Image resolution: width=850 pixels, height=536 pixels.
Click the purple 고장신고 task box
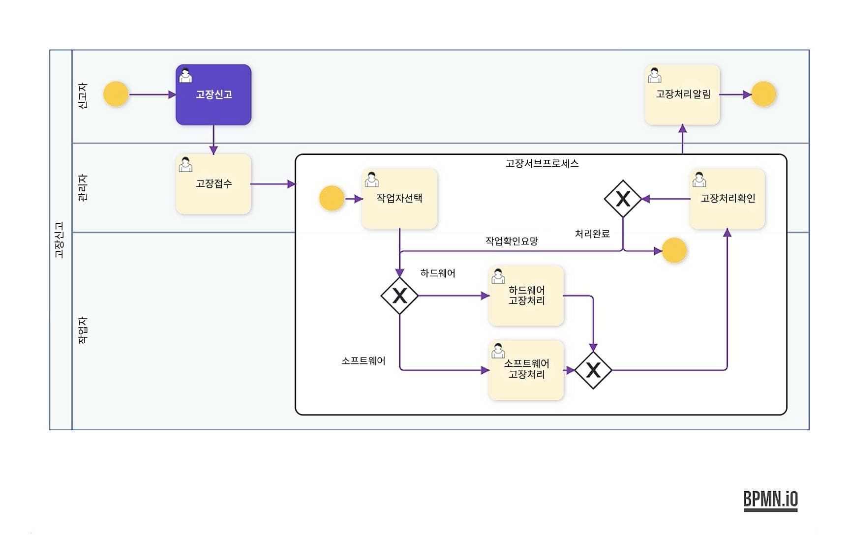[x=213, y=94]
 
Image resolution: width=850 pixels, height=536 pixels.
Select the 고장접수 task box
[x=213, y=184]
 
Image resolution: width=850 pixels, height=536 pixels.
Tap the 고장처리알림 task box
[x=682, y=94]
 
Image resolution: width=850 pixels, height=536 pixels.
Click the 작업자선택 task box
[x=399, y=199]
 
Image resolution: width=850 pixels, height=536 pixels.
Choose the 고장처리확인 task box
[x=727, y=199]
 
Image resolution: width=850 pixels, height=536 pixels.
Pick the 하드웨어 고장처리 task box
[x=526, y=296]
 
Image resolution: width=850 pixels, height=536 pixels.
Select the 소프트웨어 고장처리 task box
[x=526, y=370]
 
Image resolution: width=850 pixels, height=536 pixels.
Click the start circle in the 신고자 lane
[x=116, y=94]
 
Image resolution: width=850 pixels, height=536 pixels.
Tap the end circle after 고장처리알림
[x=763, y=94]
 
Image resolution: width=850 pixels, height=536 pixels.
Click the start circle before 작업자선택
[x=332, y=199]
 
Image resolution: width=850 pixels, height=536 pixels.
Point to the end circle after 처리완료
[x=674, y=251]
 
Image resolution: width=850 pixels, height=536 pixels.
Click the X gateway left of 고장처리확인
[x=623, y=199]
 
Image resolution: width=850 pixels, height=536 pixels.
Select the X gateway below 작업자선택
[x=399, y=296]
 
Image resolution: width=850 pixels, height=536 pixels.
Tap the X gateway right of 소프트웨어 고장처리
[x=593, y=370]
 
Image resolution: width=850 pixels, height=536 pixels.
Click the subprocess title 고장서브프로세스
[x=542, y=163]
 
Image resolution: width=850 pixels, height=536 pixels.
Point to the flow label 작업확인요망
[x=512, y=241]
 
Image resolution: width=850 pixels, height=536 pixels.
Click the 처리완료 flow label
[x=592, y=234]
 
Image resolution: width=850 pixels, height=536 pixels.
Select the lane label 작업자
[x=83, y=330]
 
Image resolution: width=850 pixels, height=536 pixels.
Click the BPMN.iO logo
[x=770, y=500]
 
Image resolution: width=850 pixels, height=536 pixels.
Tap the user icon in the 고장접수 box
[x=185, y=165]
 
